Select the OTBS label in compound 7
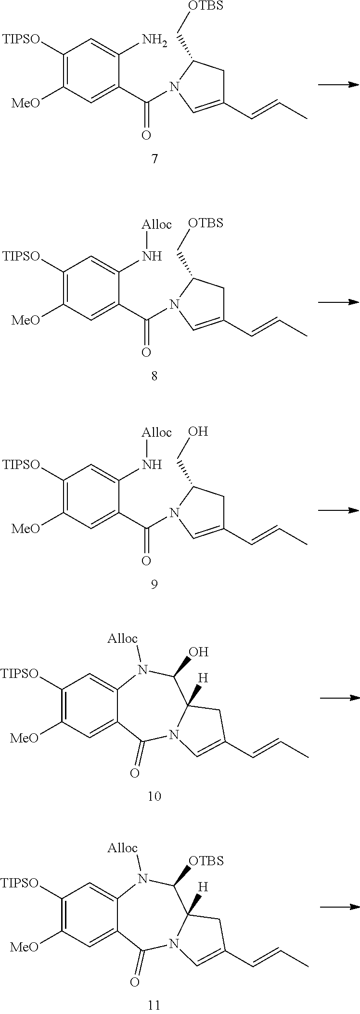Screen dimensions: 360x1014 point(206,8)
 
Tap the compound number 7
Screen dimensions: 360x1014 point(154,158)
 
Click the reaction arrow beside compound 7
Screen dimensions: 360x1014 point(338,85)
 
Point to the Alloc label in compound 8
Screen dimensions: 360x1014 point(157,225)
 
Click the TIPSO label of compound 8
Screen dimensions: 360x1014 point(21,256)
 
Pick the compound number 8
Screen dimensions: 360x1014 point(154,376)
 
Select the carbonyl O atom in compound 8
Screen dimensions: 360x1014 point(146,352)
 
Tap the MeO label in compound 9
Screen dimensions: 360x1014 point(26,529)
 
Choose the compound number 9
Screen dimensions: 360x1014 point(154,584)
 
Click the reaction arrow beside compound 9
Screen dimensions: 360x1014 point(338,510)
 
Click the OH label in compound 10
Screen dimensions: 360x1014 point(199,652)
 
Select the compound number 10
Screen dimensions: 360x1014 point(154,796)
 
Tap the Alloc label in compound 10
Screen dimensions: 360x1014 point(122,638)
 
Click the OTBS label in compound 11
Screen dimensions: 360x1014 point(206,860)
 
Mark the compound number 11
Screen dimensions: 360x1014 point(154,1005)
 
